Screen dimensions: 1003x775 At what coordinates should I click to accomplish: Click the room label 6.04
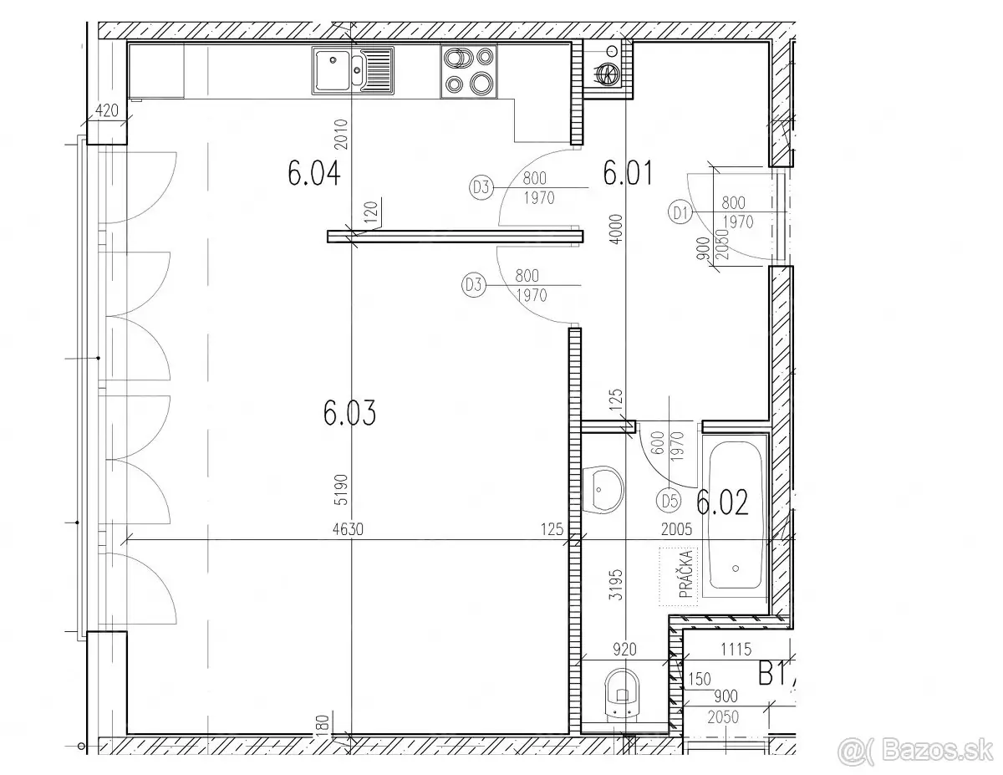coord(314,173)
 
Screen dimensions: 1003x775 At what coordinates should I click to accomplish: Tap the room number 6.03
coord(349,412)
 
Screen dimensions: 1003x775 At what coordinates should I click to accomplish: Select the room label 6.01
coord(629,173)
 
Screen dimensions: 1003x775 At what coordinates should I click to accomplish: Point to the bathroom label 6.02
coord(722,502)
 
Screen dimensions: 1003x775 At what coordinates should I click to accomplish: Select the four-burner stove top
coord(469,71)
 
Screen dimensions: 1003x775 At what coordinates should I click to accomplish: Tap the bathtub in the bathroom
coord(736,516)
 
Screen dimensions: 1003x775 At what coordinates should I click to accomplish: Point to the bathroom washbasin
coord(603,489)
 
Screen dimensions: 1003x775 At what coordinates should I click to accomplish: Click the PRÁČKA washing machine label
coord(685,574)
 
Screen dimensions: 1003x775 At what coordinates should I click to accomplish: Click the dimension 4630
coord(348,529)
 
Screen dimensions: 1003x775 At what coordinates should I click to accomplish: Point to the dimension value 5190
coord(342,490)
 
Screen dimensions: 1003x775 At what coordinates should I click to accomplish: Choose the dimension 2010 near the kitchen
coord(342,135)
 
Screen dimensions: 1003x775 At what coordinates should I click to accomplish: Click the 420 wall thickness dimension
coord(106,111)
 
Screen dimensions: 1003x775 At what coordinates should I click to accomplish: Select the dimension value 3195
coord(616,585)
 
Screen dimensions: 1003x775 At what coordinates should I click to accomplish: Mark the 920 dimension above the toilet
coord(624,650)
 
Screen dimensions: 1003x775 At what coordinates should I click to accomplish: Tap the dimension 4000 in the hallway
coord(616,229)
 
